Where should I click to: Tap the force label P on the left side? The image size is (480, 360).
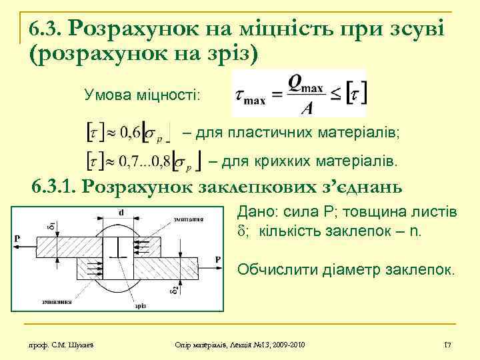(16, 237)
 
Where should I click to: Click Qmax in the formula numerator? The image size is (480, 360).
(305, 82)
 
